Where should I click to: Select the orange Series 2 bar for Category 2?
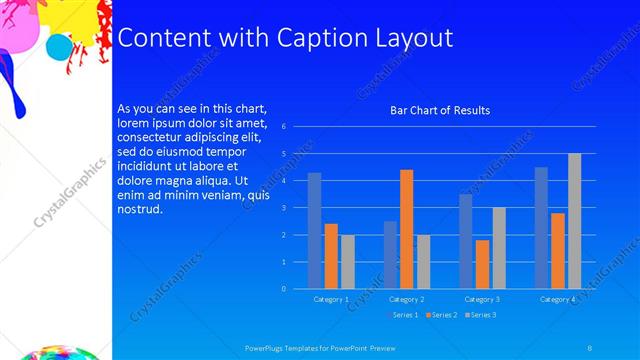pos(406,229)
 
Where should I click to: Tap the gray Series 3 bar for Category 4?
pos(574,221)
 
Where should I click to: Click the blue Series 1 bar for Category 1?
pos(314,230)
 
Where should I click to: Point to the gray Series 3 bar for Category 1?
pos(347,262)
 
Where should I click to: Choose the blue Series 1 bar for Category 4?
pos(541,228)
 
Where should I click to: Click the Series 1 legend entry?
pos(402,315)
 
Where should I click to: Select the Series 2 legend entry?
pos(441,315)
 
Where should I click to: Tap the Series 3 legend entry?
pos(479,315)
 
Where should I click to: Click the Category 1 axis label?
pos(331,299)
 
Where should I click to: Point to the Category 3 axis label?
pos(482,299)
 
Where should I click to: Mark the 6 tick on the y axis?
pos(285,127)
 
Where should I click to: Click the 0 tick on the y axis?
pos(285,289)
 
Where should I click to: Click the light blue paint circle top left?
pos(60,47)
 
